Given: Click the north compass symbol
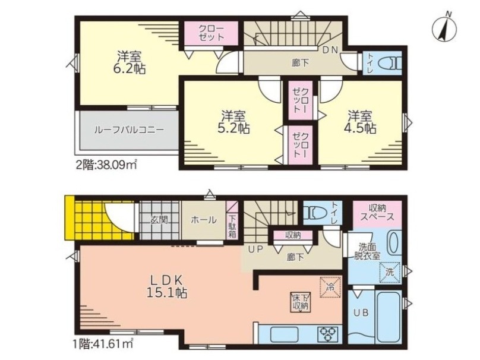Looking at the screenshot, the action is click(x=444, y=30).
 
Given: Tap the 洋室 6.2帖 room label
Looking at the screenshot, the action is click(x=129, y=62).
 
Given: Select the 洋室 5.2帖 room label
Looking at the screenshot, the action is click(x=233, y=122).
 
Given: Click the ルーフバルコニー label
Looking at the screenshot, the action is click(x=129, y=130).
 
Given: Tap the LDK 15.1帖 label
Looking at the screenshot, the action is click(x=166, y=286).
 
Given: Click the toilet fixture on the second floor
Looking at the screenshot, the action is click(x=390, y=65).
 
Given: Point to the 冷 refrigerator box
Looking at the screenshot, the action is click(x=330, y=287).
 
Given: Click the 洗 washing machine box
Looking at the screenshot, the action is click(x=390, y=272).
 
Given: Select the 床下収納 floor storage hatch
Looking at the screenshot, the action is click(x=301, y=302).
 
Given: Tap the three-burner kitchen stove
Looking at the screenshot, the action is click(x=328, y=333).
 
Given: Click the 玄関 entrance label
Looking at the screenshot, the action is click(x=159, y=219).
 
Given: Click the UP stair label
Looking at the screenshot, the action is click(x=255, y=250).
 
